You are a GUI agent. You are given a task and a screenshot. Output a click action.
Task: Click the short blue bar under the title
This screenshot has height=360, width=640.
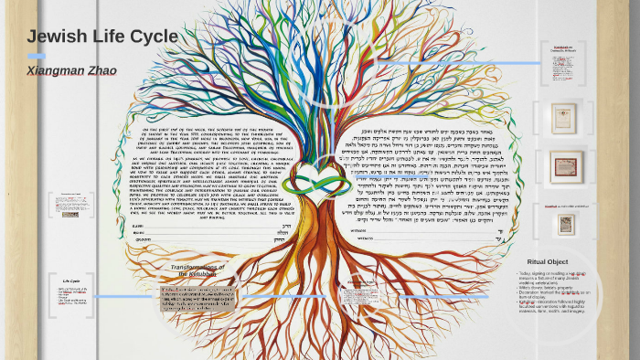37,56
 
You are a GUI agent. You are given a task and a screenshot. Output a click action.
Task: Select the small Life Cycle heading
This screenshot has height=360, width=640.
71,280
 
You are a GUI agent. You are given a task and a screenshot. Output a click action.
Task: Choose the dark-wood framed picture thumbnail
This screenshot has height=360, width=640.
564,167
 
